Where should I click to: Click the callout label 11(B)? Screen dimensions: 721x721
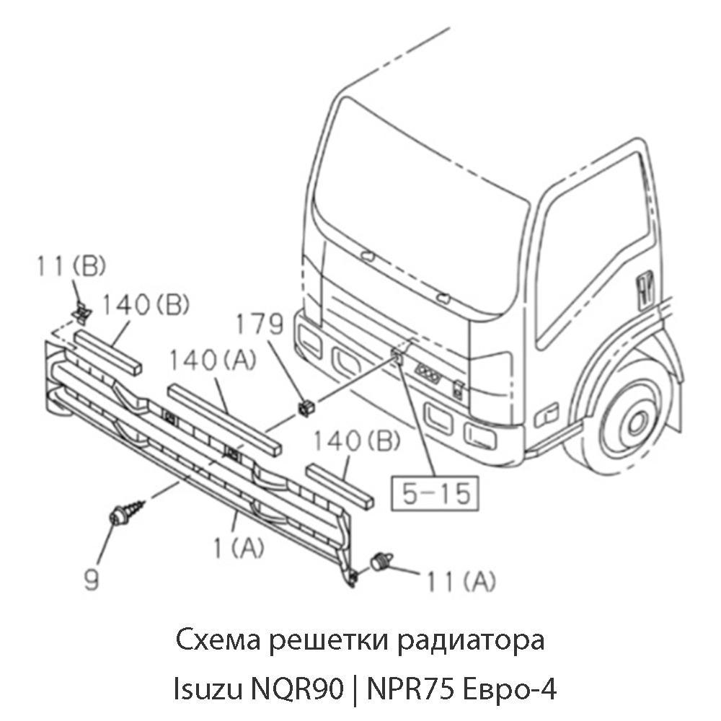tap(71, 267)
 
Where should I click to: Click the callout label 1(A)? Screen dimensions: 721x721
tap(239, 548)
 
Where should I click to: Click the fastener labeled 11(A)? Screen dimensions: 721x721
tap(381, 561)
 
